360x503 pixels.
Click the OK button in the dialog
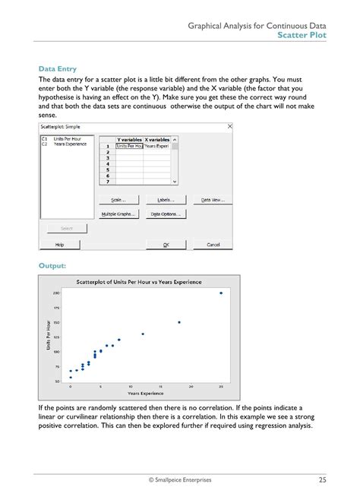click(166, 245)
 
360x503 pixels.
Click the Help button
click(58, 245)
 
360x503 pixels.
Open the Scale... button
click(118, 200)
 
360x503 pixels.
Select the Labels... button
click(166, 200)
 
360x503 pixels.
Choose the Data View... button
click(213, 200)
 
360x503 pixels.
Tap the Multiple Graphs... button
click(118, 214)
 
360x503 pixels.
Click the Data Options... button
click(166, 214)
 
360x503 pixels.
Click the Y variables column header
click(128, 140)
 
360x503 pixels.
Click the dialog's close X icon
click(230, 126)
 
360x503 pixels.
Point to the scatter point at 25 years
click(221, 293)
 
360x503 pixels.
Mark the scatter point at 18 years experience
click(179, 322)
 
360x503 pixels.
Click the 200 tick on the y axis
click(56, 293)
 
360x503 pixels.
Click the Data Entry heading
click(57, 68)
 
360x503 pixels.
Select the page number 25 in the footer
click(323, 479)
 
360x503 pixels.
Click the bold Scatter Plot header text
click(302, 35)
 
